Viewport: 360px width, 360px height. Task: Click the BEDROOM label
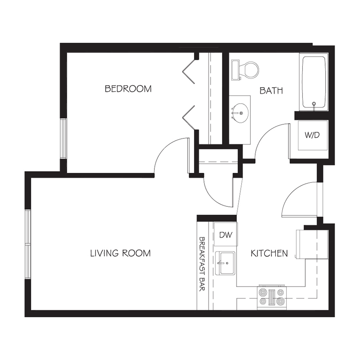128,89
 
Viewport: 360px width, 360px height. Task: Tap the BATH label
271,91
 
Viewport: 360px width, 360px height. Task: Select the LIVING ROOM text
120,253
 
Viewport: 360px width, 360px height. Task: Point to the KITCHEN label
269,253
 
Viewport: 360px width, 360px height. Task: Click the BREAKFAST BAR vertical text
202,264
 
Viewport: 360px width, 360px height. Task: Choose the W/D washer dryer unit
312,135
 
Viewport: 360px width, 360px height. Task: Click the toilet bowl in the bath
250,69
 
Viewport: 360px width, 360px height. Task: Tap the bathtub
314,82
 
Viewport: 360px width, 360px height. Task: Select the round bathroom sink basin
240,113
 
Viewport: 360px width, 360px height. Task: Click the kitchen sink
225,263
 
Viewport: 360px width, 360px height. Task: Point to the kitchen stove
272,297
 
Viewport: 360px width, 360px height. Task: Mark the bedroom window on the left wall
63,138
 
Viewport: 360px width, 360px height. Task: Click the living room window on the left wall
28,244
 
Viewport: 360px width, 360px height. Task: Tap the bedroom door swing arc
166,149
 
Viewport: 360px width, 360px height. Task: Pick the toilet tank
235,70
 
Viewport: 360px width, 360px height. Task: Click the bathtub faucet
314,104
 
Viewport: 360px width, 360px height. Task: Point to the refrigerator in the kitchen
312,244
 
